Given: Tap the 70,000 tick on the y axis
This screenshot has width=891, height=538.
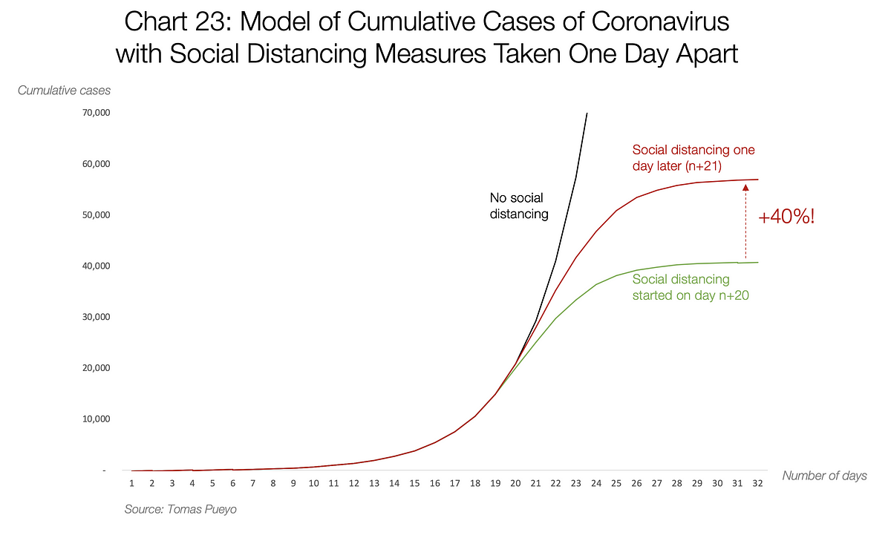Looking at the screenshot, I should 96,113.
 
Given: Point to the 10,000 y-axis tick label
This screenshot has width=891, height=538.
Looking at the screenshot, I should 96,419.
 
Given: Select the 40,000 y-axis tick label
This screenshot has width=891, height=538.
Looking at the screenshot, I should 96,266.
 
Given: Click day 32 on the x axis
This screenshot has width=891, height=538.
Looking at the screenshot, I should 757,483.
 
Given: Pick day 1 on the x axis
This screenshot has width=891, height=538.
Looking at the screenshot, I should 131,483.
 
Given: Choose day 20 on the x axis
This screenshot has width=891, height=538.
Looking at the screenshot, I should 515,483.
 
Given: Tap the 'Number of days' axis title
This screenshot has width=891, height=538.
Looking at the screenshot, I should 824,476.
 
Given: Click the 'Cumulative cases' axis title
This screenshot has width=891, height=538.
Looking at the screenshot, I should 64,91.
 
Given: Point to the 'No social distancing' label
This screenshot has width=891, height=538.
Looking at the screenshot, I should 518,206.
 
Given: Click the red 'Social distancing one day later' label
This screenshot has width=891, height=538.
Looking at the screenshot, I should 693,157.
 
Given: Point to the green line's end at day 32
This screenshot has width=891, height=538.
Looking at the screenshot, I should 757,262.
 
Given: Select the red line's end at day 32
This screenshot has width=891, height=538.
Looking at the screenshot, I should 757,180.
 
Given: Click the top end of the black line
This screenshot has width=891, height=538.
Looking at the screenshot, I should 587,114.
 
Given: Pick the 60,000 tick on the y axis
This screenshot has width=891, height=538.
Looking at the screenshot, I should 96,164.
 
